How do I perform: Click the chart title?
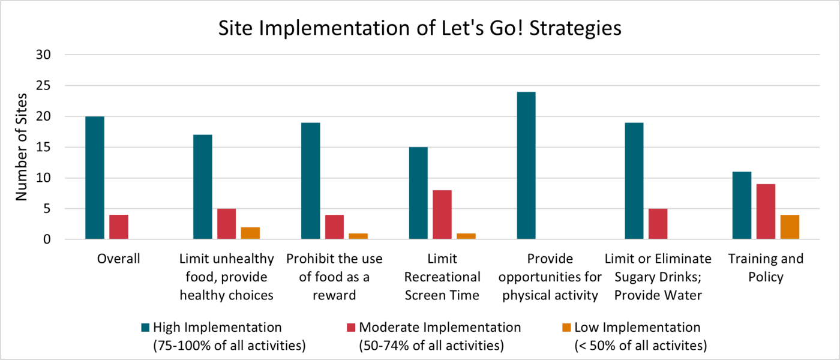pos(419,28)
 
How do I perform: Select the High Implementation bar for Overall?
pos(95,178)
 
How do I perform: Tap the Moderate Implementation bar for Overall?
pos(119,227)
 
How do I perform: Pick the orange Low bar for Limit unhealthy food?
pos(250,233)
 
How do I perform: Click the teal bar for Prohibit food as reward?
pos(310,181)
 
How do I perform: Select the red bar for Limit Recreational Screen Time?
pos(442,215)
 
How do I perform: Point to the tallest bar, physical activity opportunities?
pos(526,166)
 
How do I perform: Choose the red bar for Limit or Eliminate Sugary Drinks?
pos(658,224)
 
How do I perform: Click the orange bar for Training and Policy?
pos(790,227)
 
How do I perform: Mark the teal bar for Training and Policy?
pos(742,206)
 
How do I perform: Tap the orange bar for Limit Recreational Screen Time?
pos(466,236)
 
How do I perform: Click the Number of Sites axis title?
pos(21,147)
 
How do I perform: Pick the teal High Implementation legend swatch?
pos(145,328)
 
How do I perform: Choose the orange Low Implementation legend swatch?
pos(566,328)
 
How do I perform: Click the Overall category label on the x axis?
pos(118,259)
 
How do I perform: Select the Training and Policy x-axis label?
pos(765,268)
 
